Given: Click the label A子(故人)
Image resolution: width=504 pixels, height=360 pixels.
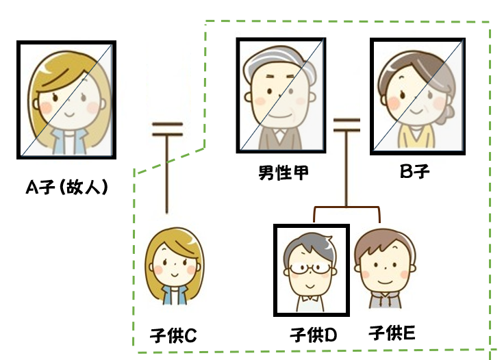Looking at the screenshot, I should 66,188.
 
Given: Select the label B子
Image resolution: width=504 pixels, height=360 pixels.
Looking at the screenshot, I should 414,172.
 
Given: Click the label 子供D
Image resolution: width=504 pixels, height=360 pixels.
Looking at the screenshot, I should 313,335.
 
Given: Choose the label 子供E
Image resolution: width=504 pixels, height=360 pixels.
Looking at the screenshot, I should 391,333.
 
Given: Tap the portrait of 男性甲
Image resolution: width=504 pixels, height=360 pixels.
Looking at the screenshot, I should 281,94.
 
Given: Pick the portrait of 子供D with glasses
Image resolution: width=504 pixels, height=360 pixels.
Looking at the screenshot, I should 311,270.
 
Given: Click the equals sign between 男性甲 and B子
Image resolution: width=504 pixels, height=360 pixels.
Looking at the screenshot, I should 347,124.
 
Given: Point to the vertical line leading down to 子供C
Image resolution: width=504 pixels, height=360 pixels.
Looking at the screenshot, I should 166,178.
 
